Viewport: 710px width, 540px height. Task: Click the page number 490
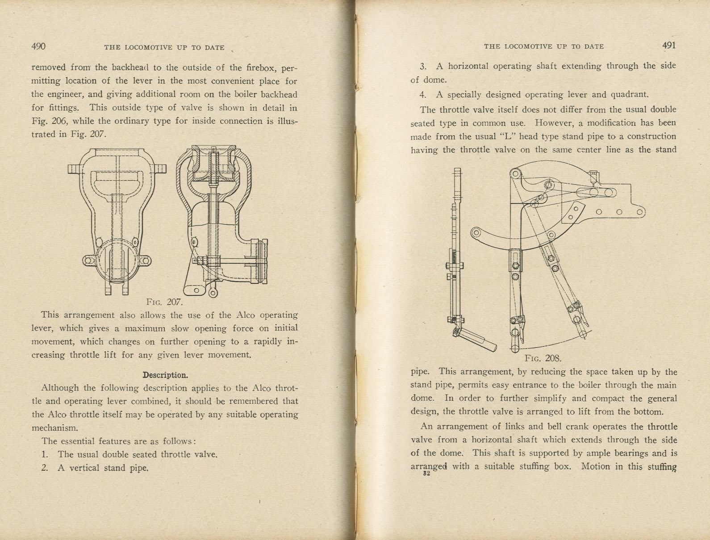click(x=38, y=46)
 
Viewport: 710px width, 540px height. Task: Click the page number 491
click(x=669, y=46)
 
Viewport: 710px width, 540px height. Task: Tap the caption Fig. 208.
click(x=543, y=358)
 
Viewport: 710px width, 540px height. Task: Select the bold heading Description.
click(x=165, y=375)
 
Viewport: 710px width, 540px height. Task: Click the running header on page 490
click(x=164, y=47)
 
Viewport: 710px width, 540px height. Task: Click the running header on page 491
click(x=543, y=46)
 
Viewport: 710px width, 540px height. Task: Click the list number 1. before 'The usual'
click(x=45, y=455)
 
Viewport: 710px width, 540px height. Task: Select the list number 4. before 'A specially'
click(x=423, y=95)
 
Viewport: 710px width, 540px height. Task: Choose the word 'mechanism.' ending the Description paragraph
click(x=55, y=428)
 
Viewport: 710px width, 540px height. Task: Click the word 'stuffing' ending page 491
click(x=662, y=467)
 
